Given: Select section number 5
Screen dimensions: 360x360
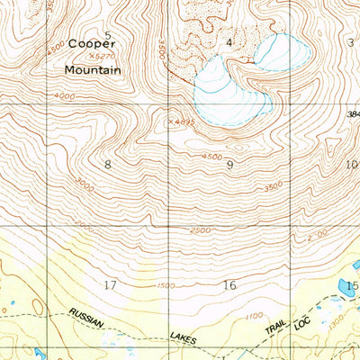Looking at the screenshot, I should (109, 36).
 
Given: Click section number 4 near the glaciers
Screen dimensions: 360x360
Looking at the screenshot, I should (229, 41).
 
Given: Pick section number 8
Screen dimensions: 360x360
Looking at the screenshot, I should (108, 164).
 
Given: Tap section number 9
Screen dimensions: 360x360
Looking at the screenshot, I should (230, 164).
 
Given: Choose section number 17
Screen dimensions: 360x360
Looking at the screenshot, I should (110, 285).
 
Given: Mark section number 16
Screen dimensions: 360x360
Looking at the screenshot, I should (229, 285).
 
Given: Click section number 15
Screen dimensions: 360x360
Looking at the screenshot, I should (351, 285).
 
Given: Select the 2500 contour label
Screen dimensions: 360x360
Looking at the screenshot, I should (200, 230).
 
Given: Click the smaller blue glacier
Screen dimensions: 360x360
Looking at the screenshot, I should (273, 50).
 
